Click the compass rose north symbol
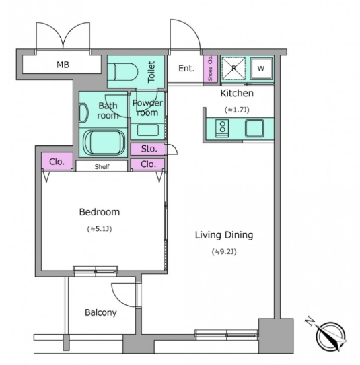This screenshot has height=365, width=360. click(329, 335)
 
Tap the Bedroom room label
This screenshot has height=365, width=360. click(100, 212)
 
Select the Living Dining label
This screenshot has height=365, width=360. click(224, 235)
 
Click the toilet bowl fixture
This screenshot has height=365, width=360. click(123, 71)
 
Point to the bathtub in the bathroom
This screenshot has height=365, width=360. click(104, 143)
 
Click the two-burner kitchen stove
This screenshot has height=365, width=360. click(222, 128)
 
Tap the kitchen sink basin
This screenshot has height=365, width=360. click(254, 128)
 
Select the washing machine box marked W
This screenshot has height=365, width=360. click(261, 69)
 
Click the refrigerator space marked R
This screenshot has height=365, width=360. click(233, 69)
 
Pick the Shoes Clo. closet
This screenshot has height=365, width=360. click(210, 69)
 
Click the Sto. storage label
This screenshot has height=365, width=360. click(149, 149)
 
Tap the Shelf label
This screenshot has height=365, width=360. click(102, 166)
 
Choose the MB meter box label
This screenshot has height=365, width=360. click(63, 65)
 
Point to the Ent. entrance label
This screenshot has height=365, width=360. click(186, 69)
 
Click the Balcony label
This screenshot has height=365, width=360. click(101, 312)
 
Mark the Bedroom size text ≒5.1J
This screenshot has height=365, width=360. click(100, 229)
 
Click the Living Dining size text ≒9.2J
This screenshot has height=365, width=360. click(224, 252)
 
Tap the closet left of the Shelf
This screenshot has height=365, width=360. click(57, 162)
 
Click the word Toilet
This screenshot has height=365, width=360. click(151, 71)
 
